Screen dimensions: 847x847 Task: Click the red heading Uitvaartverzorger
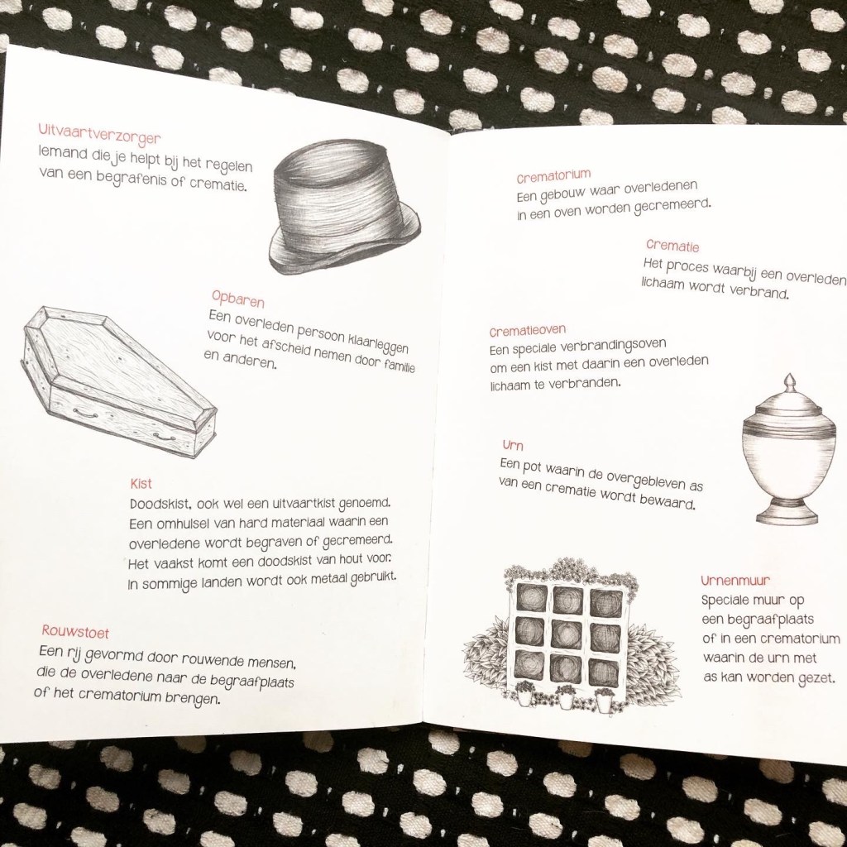(99, 135)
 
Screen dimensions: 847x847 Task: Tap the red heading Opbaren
(237, 298)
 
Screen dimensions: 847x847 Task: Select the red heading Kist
(141, 483)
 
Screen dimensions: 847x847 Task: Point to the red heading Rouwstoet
(75, 631)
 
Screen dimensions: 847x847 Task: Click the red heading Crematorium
(553, 176)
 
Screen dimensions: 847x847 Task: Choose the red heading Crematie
(672, 246)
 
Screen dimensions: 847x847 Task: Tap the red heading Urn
(513, 446)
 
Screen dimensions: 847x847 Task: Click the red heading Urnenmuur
(735, 581)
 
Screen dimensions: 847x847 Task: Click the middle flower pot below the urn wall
(566, 698)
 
